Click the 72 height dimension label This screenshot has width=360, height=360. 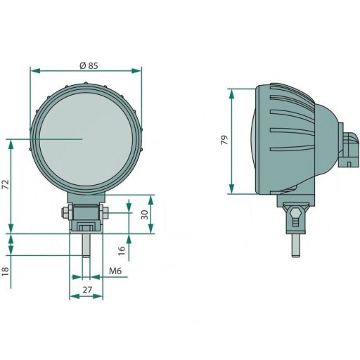(6, 184)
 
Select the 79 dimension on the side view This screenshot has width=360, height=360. (224, 140)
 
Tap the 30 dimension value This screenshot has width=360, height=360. (146, 214)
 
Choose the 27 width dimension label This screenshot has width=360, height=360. (87, 289)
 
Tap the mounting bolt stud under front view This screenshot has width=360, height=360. (86, 244)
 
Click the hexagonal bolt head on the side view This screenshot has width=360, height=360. (295, 212)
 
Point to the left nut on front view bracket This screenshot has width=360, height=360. (67, 212)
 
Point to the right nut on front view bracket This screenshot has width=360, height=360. (104, 212)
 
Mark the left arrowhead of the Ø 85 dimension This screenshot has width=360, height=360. (33, 70)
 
